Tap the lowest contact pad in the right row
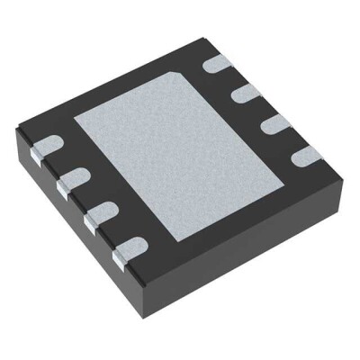point(301,156)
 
